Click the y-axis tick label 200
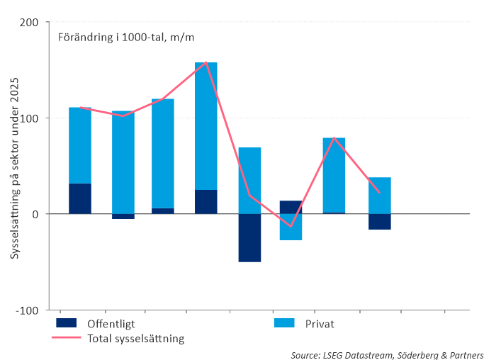(29, 22)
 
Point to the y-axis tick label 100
(29, 118)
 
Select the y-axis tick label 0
(35, 213)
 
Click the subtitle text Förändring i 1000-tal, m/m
(126, 38)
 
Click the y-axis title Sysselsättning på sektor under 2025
(14, 169)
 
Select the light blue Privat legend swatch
(284, 323)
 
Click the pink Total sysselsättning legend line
(66, 338)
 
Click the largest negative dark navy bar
(249, 237)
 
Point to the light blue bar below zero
(291, 227)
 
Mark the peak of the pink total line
(206, 62)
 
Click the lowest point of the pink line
(291, 226)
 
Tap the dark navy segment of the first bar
(80, 198)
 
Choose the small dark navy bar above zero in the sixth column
(291, 207)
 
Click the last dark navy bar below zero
(380, 221)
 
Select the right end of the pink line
(380, 192)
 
